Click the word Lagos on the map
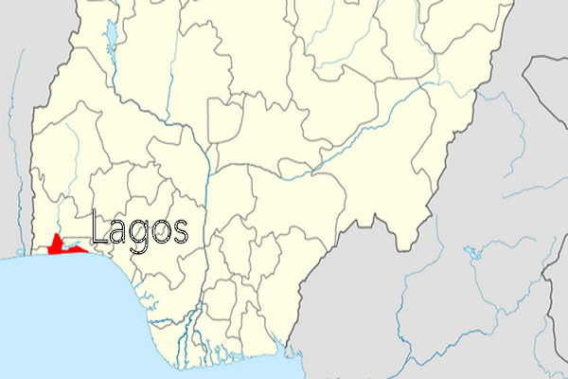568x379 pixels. pyautogui.click(x=139, y=230)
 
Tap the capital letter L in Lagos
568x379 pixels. pyautogui.click(x=98, y=228)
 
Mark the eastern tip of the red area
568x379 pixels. pyautogui.click(x=87, y=250)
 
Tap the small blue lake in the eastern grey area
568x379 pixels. pyautogui.click(x=470, y=252)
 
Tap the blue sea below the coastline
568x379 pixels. pyautogui.click(x=76, y=322)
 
